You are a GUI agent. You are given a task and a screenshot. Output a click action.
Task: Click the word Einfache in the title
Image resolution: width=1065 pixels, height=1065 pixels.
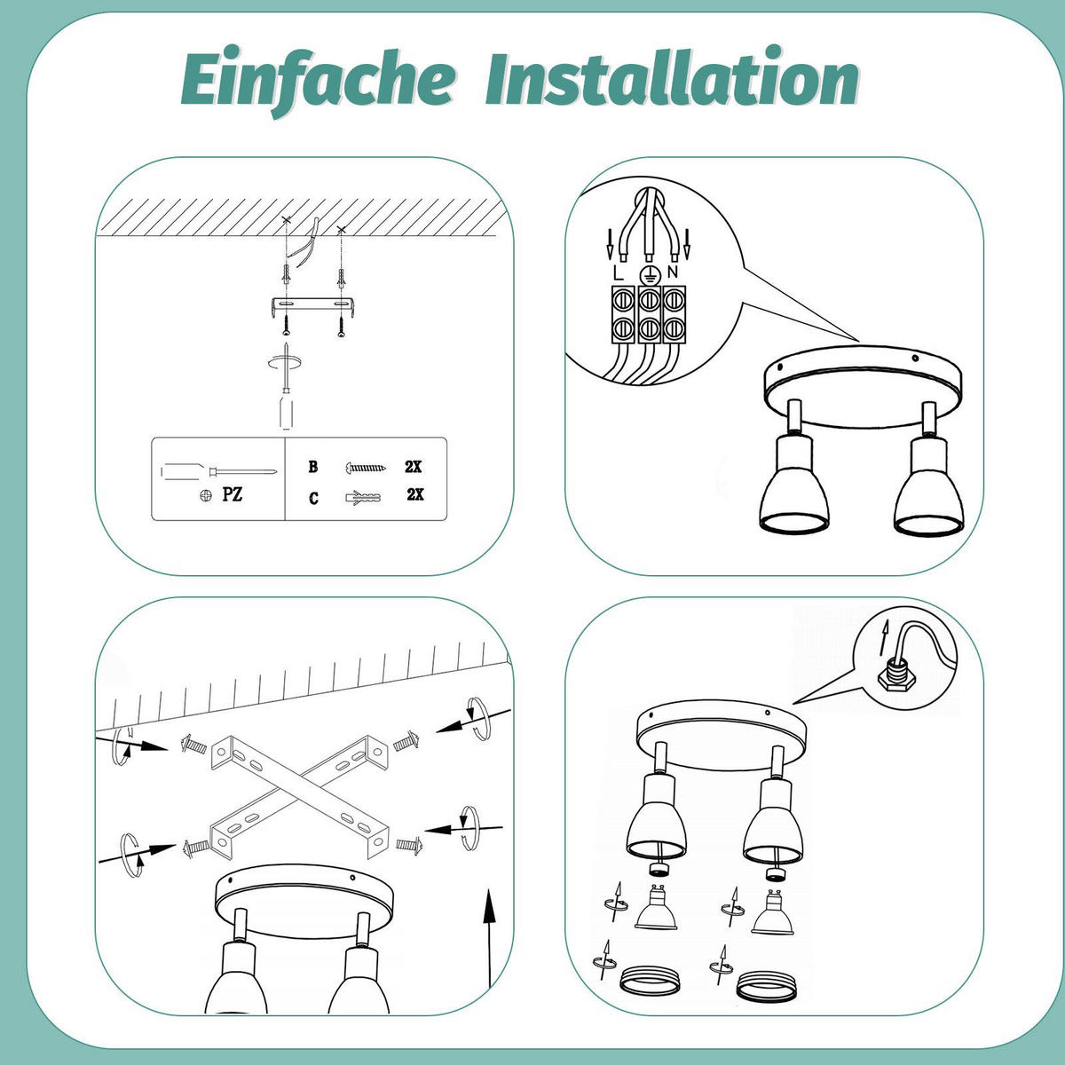318,80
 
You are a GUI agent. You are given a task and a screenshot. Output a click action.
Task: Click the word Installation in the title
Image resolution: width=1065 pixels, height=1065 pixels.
672,77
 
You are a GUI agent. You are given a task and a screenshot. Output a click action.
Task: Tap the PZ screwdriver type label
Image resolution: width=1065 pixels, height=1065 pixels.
233,493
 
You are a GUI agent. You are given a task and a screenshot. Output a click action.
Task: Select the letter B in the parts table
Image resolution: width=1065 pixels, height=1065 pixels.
312,467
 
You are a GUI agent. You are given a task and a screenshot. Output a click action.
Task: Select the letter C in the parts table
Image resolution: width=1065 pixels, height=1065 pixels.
313,498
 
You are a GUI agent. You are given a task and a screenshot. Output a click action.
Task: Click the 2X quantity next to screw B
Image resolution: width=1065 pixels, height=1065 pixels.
414,467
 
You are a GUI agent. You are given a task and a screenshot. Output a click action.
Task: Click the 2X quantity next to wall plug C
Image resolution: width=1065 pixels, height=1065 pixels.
415,494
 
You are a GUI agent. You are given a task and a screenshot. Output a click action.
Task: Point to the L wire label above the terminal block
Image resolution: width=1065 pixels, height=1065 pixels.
618,273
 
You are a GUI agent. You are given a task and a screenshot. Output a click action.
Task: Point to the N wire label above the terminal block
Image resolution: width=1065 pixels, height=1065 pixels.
672,272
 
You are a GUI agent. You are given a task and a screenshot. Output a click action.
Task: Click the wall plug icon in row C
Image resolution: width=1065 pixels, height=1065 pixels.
363,497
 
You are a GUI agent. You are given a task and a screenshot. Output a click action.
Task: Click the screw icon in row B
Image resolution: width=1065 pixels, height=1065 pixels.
366,468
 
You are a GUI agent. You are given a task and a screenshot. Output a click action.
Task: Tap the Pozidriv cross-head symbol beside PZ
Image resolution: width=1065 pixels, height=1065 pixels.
206,495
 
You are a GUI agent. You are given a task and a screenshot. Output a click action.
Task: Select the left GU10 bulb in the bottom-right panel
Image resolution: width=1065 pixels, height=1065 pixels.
656,908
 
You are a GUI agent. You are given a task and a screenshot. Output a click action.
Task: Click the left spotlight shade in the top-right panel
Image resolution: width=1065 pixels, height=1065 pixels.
794,485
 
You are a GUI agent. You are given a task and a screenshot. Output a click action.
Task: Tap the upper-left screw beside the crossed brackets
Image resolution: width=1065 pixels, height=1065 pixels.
193,745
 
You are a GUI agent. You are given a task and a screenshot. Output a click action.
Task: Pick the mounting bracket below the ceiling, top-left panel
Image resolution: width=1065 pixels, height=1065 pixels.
312,307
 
